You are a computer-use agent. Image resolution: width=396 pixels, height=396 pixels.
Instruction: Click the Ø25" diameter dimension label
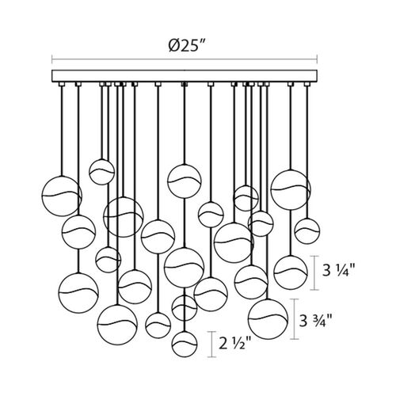click(x=187, y=47)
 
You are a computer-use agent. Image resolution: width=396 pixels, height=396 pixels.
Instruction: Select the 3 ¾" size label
click(x=315, y=321)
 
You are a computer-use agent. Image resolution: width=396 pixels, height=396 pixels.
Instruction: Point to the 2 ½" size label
click(x=235, y=344)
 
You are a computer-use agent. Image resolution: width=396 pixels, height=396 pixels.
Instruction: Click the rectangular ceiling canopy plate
click(x=185, y=76)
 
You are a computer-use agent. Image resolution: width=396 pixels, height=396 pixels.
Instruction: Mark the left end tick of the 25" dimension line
click(x=52, y=59)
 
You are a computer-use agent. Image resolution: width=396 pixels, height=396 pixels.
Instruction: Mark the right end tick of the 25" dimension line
click(x=317, y=59)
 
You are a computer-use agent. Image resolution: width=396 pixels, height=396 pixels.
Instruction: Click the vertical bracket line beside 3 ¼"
click(x=314, y=273)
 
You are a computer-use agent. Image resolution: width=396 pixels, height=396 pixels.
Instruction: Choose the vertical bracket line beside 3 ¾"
click(x=295, y=319)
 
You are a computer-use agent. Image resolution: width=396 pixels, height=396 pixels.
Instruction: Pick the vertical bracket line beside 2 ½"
click(x=211, y=345)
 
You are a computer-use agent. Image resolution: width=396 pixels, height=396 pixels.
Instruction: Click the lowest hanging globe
click(x=185, y=344)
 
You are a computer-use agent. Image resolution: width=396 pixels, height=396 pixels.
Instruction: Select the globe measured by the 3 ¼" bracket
click(x=291, y=272)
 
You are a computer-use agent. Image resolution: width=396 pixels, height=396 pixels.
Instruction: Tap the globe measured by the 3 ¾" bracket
click(x=268, y=318)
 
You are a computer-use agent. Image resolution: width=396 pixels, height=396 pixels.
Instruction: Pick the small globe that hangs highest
click(x=101, y=172)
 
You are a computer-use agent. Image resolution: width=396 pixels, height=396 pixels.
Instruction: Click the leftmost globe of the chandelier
click(x=62, y=196)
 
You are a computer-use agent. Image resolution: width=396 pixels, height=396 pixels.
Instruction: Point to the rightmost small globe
click(x=307, y=231)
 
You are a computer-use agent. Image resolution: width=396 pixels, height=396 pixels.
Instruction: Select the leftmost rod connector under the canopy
click(x=62, y=84)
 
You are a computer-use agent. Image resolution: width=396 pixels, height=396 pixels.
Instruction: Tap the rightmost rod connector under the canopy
click(x=307, y=84)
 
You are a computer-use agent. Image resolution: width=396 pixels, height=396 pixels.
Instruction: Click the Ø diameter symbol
click(x=173, y=47)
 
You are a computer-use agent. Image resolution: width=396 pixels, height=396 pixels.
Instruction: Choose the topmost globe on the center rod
click(x=184, y=181)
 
